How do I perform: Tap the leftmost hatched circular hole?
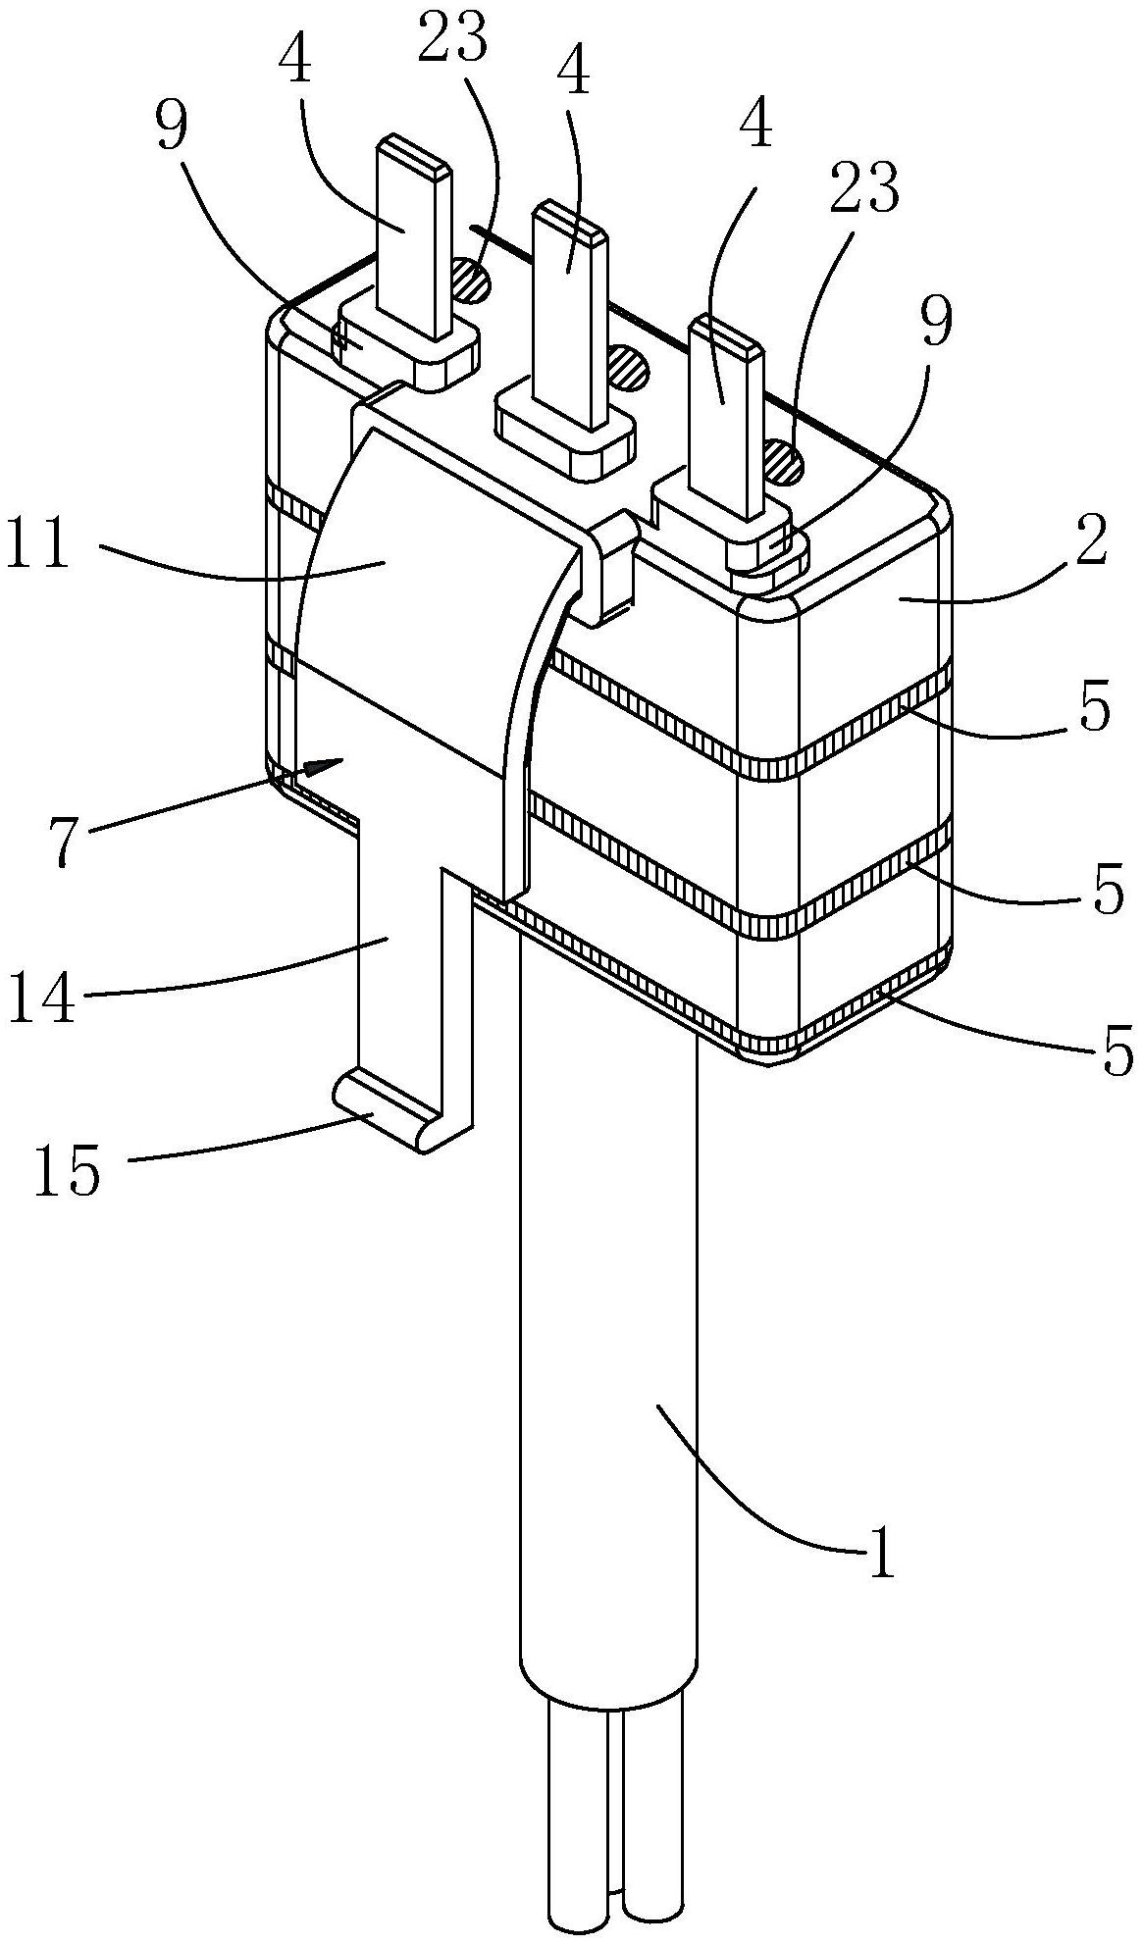(470, 281)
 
